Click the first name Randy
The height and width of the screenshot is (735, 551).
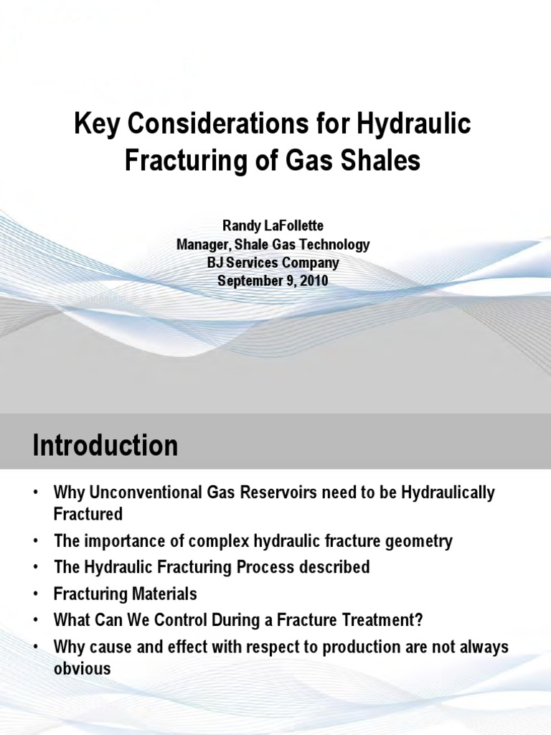[239, 227]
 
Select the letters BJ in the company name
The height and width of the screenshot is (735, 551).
[215, 263]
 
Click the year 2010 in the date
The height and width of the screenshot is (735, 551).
[314, 281]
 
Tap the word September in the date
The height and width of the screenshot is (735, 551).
[250, 281]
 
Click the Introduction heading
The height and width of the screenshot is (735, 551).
[105, 446]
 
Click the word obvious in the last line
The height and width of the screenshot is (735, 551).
[83, 668]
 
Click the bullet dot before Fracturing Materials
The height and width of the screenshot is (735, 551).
[34, 594]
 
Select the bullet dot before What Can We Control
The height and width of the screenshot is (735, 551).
[34, 620]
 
